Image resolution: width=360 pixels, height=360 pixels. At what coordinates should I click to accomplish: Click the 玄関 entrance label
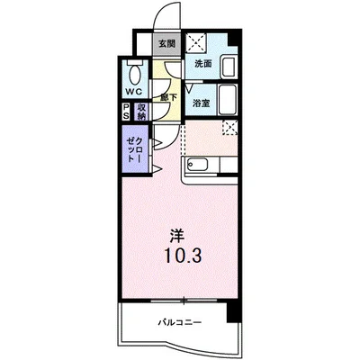(166, 44)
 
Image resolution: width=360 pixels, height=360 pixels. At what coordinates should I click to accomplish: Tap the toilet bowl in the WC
(135, 75)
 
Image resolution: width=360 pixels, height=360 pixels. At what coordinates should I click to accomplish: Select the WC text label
(133, 92)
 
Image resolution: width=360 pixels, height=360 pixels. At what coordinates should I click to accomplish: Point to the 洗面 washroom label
(203, 64)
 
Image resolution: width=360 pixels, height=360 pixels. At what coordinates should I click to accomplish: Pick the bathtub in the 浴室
(227, 100)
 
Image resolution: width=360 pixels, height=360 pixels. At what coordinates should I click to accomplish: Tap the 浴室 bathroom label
(201, 103)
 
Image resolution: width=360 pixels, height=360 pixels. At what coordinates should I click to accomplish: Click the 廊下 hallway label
(168, 97)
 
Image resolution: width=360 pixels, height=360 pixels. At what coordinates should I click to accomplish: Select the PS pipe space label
(126, 112)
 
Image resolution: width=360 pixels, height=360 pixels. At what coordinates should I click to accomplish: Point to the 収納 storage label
(141, 112)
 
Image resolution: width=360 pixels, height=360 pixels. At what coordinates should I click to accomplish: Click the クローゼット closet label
(135, 149)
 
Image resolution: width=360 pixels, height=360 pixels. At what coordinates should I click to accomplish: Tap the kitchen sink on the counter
(197, 165)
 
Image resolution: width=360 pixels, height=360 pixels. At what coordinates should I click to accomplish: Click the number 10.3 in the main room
(182, 256)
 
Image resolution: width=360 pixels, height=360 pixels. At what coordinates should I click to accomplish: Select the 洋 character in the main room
(176, 236)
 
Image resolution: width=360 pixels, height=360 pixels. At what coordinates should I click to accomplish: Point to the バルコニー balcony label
(180, 323)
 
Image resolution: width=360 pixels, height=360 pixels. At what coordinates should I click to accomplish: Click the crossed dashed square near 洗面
(196, 43)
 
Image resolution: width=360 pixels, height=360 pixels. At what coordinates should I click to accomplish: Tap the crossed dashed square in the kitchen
(230, 128)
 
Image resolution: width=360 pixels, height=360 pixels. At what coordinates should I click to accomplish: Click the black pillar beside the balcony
(234, 311)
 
